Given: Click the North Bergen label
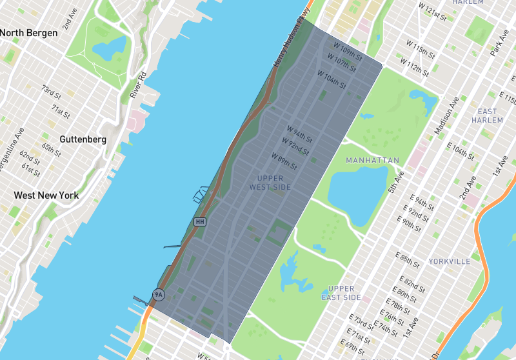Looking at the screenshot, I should tap(30, 33).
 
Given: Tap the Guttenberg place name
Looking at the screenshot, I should tap(83, 139).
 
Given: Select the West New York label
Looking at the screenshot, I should tap(46, 195).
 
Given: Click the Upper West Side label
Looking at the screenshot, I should tap(270, 183).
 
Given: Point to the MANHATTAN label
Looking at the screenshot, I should tap(372, 160).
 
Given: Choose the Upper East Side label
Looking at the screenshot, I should tap(341, 293).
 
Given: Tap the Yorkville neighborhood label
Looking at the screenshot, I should tap(450, 261).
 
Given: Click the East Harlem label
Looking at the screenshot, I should tap(487, 115).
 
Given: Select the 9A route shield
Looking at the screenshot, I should tap(158, 295).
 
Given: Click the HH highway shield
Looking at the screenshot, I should tap(200, 222).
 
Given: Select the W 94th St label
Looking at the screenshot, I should tap(299, 133).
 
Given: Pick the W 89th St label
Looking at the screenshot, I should tap(284, 161).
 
